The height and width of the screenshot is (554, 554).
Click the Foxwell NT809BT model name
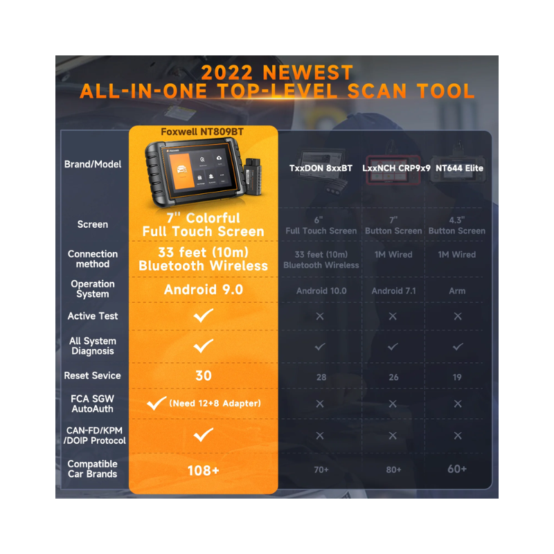[202, 132]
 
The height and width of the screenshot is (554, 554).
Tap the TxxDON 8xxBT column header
[321, 168]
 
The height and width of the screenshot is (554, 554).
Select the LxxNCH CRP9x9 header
[396, 168]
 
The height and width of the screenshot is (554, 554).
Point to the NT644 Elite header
[459, 168]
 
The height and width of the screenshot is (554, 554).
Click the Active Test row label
[93, 316]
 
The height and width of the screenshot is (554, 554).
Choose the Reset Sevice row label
[92, 375]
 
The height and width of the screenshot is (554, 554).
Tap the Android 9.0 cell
[204, 289]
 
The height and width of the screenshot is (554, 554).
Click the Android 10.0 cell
[321, 291]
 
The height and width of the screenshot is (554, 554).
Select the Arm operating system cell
[457, 291]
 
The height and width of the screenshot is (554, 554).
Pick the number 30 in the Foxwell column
[204, 375]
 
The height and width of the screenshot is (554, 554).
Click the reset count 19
[457, 377]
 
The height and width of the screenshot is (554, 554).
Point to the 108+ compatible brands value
[203, 470]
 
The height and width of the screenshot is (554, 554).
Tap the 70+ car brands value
[321, 470]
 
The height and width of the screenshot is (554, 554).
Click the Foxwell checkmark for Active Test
[203, 316]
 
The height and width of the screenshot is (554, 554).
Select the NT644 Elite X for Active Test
[458, 316]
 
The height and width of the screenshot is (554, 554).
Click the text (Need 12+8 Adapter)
[215, 403]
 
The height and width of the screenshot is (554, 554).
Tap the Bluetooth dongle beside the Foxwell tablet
[253, 176]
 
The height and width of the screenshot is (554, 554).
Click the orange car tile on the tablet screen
[182, 171]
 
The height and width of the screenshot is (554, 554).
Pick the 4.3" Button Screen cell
[457, 226]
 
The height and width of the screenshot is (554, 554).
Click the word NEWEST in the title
[307, 73]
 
